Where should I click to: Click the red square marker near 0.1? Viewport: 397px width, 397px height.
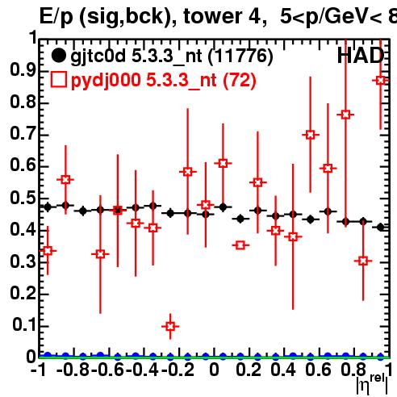pyautogui.click(x=170, y=327)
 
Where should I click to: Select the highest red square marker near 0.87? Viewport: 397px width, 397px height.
pyautogui.click(x=381, y=80)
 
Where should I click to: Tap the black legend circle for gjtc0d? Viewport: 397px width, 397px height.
pyautogui.click(x=58, y=56)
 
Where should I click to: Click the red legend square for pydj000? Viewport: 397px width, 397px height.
pyautogui.click(x=58, y=80)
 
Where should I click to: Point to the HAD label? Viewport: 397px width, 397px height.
pyautogui.click(x=361, y=56)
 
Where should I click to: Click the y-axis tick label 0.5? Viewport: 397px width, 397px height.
pyautogui.click(x=23, y=198)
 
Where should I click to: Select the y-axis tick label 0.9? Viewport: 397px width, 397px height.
pyautogui.click(x=23, y=70)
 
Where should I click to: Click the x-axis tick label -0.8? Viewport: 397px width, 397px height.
pyautogui.click(x=73, y=370)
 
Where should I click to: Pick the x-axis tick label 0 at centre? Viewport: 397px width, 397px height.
pyautogui.click(x=214, y=370)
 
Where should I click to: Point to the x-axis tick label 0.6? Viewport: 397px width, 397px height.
pyautogui.click(x=318, y=370)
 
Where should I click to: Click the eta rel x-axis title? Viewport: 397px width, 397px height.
pyautogui.click(x=373, y=384)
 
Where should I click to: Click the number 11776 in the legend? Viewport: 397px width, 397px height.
pyautogui.click(x=240, y=56)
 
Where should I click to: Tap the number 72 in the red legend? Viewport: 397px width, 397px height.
pyautogui.click(x=240, y=80)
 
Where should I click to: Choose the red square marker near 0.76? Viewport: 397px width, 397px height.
pyautogui.click(x=345, y=115)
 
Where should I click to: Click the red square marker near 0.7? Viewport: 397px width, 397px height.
pyautogui.click(x=311, y=135)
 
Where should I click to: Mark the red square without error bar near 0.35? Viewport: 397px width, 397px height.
pyautogui.click(x=240, y=245)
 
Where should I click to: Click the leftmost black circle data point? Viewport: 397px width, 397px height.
pyautogui.click(x=48, y=207)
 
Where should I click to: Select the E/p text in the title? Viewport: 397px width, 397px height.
pyautogui.click(x=56, y=17)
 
